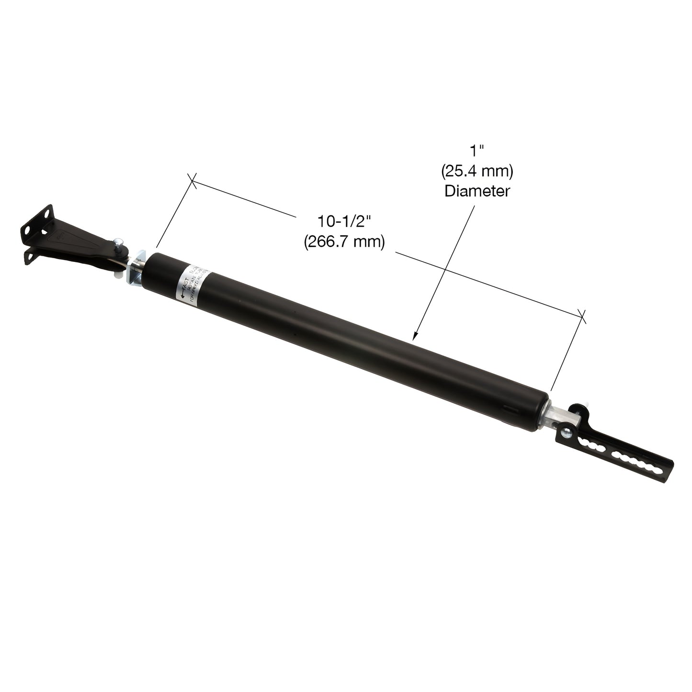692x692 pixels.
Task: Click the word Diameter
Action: coord(476,191)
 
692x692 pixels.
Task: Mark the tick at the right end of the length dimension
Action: coord(582,315)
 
